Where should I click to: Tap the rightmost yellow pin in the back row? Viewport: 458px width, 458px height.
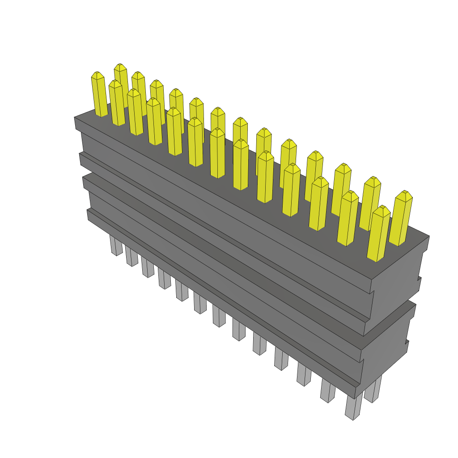401,219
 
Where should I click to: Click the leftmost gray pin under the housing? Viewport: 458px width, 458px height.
116,246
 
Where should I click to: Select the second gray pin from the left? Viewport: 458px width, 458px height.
131,256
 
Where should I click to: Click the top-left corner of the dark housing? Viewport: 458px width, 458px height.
75,118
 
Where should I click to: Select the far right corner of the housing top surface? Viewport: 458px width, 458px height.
429,236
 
